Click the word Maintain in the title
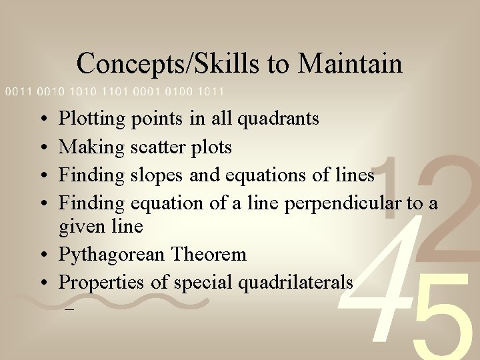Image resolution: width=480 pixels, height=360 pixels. (350, 64)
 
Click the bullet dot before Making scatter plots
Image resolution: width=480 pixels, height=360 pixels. (42, 147)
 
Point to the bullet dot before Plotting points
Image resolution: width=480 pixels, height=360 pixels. (42, 120)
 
